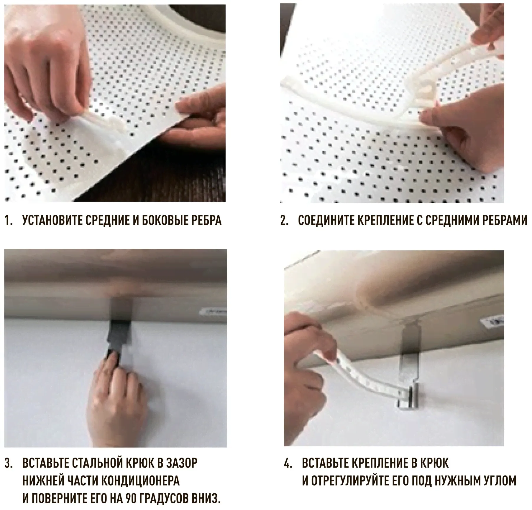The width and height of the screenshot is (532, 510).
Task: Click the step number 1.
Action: (x=8, y=221)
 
